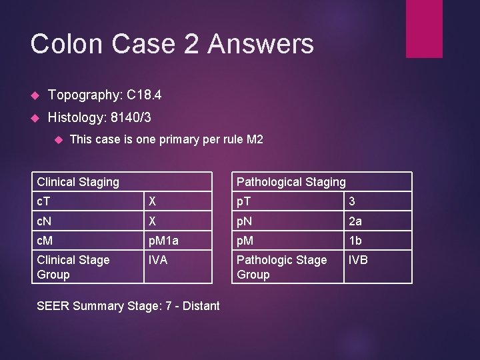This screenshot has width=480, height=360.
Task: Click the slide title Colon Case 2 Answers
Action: pos(172,44)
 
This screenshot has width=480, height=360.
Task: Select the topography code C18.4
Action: pos(142,95)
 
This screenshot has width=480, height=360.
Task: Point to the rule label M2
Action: pos(254,139)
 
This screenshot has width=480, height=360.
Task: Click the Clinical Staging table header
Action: pos(79,181)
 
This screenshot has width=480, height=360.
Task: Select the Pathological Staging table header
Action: pos(291,181)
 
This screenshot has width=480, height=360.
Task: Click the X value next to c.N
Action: pos(153,221)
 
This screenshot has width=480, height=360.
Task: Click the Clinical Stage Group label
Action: pos(73,267)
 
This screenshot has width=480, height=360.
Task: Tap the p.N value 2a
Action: pos(355,221)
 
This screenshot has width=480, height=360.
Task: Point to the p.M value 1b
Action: pos(355,241)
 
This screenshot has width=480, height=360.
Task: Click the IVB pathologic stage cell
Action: pos(358,260)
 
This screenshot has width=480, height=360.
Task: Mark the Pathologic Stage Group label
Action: pos(282,267)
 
